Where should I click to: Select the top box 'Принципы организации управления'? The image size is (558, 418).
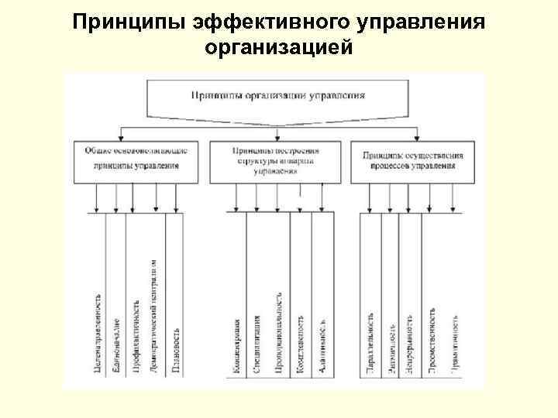(x=278, y=97)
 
